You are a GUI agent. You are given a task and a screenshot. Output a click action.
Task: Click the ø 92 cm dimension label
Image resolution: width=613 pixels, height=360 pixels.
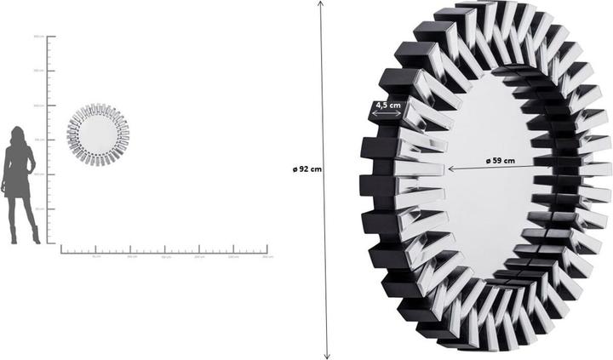[x=306, y=169]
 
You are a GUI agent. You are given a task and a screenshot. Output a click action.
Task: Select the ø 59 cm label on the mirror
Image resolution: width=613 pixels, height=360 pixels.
[x=500, y=160]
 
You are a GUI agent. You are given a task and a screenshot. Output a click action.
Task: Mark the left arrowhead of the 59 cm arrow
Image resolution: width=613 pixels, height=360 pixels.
[x=451, y=169]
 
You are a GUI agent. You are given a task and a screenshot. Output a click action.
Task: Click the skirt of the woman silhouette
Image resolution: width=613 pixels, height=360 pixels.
[x=20, y=182]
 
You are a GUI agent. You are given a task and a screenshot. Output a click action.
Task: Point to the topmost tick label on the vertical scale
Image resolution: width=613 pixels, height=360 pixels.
[x=38, y=37]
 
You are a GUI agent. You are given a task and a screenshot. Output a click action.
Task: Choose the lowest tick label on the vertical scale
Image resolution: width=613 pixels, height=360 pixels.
[x=38, y=209]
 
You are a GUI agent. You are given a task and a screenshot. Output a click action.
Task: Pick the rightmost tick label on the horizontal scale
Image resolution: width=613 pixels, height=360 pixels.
[x=267, y=256]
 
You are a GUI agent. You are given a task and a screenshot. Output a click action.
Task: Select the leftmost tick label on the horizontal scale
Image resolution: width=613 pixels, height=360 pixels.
[x=95, y=256]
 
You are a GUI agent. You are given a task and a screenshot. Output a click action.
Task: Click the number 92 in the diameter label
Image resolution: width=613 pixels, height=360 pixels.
[x=306, y=169]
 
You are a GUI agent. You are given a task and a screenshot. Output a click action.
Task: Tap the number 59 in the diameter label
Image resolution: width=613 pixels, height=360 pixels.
[x=499, y=160]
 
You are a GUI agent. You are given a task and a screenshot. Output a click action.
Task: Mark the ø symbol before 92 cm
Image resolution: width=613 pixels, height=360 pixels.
[x=294, y=169]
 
